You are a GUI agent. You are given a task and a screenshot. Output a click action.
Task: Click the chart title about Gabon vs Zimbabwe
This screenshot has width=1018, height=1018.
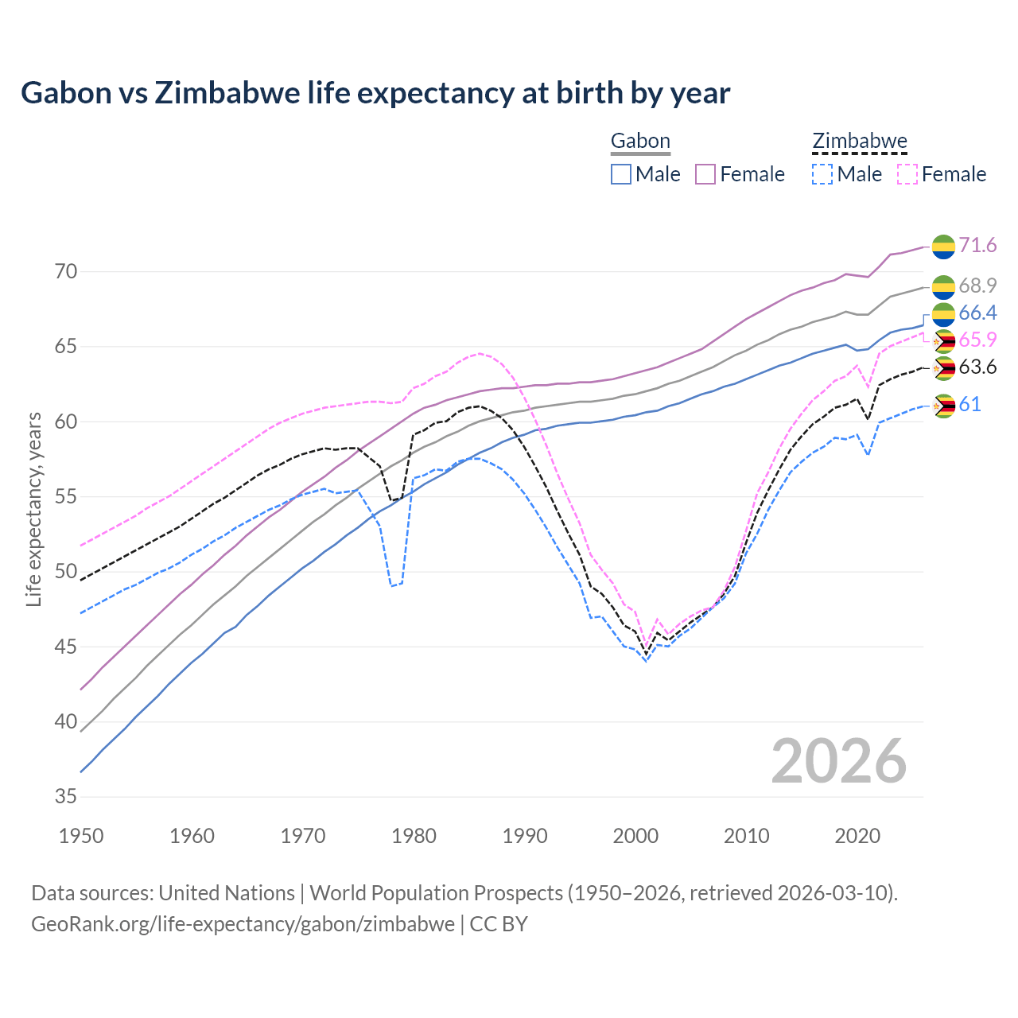pos(375,93)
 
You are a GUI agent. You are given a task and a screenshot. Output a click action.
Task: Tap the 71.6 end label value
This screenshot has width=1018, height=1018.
pos(977,245)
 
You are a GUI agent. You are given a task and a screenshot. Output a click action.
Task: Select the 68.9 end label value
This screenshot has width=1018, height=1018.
pos(977,286)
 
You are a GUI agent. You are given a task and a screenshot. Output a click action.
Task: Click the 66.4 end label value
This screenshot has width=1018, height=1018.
pos(977,313)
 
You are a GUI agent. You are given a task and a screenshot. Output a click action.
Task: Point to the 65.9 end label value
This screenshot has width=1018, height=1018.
pos(977,340)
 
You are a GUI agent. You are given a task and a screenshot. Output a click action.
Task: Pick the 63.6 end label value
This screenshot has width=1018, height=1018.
pos(977,367)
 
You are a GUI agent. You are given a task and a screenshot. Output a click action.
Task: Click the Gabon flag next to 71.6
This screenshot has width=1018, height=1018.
pos(943,247)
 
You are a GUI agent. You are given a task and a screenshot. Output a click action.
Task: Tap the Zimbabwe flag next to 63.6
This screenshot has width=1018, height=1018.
pos(944,368)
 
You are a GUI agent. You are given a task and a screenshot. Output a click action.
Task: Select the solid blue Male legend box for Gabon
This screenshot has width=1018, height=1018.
pos(621,174)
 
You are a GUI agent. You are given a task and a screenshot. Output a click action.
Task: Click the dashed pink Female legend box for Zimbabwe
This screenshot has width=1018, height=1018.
pos(907,174)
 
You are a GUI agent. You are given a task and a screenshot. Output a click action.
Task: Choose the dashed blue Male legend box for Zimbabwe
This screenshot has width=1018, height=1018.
pos(822,174)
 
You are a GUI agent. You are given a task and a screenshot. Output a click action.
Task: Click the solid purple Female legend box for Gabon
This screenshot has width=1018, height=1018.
pos(705,174)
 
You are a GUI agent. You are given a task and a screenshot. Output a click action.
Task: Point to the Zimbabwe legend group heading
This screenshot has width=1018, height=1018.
pos(860,142)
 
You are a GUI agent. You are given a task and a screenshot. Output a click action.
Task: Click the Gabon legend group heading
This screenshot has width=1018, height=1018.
pos(640,142)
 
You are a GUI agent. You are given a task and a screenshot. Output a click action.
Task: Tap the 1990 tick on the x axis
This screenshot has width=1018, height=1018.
pos(525,836)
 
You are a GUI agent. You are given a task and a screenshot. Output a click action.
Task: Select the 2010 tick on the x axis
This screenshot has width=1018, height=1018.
pos(746,836)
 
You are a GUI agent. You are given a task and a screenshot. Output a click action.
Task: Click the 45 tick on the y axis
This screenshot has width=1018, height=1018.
pos(66,647)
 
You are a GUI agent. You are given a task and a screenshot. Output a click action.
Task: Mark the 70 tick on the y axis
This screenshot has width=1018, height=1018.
pos(66,272)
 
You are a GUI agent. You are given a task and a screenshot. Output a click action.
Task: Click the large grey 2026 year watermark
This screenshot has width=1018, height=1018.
pos(839,761)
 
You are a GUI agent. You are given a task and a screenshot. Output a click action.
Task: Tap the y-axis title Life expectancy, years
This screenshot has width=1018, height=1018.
pos(34,509)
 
